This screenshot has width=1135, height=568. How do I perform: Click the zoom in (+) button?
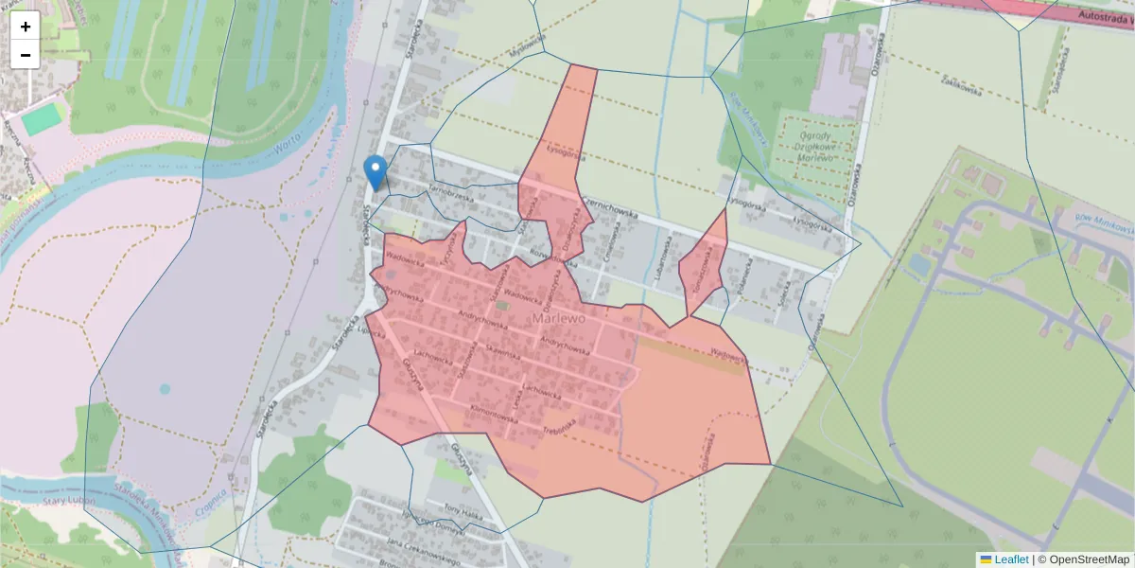[x=26, y=26]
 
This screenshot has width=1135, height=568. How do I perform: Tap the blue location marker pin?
[x=375, y=171]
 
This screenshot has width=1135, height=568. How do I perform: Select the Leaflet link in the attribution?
[x=1011, y=559]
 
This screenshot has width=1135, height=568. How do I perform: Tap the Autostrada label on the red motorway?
[x=1103, y=16]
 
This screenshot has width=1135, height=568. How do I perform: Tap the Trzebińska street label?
[x=559, y=428]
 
